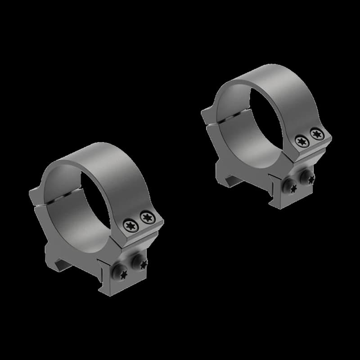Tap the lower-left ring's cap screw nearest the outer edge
coord(146,218)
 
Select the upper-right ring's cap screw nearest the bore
coord(300,141)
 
